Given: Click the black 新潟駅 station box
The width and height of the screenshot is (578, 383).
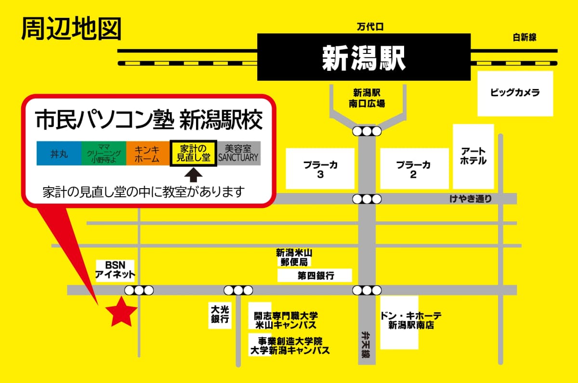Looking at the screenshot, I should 364,57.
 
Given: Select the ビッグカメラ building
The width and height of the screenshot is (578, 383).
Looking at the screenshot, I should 515,93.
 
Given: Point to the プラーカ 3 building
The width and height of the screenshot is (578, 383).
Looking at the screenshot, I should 320,169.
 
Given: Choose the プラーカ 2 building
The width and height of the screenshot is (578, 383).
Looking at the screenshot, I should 413,169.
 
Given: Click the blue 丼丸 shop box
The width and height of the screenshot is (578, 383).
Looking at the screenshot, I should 59,153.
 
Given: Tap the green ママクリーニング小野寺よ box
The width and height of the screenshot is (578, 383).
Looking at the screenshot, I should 104,153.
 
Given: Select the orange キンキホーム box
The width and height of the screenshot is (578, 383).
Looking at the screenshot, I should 148,153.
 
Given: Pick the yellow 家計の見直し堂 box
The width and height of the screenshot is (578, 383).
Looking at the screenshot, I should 193,153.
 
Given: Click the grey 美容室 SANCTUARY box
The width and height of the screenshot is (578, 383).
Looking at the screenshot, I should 238,153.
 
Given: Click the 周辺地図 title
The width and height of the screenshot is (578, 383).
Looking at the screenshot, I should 71,29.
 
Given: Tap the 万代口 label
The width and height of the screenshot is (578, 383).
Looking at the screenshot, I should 369,27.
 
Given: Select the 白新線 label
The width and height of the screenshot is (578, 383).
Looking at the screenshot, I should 525,37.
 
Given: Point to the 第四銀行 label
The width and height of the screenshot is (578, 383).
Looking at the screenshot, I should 315,276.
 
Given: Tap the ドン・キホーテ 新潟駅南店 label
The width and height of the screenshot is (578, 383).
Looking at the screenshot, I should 410,320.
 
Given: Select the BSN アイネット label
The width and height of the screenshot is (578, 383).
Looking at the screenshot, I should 115,269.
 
